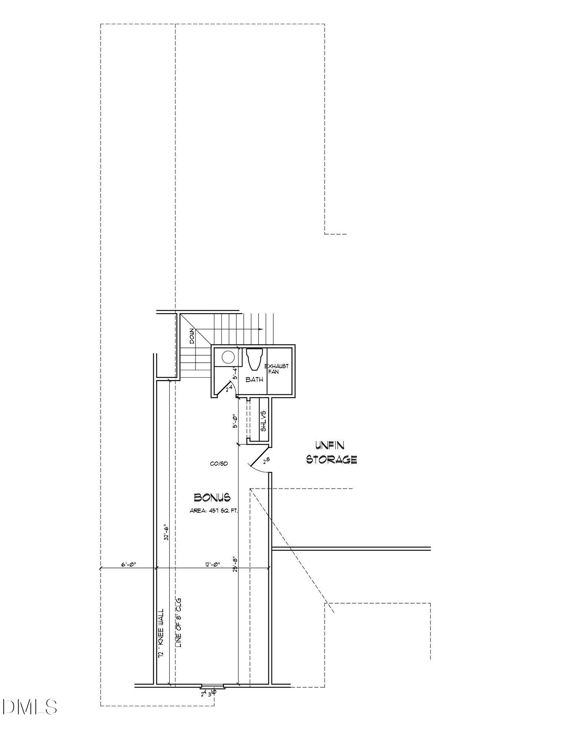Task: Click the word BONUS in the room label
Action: (x=212, y=497)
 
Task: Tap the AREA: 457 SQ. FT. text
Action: (x=214, y=511)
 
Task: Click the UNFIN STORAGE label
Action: (x=331, y=452)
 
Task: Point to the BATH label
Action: (x=254, y=380)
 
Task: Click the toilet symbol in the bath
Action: (x=254, y=359)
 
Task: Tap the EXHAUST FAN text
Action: (x=277, y=369)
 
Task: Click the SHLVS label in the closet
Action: (x=264, y=421)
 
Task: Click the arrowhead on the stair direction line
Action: (x=261, y=329)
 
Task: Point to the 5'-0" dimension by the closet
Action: (x=235, y=421)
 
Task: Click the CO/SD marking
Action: (x=219, y=463)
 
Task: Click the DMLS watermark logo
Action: (x=30, y=707)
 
